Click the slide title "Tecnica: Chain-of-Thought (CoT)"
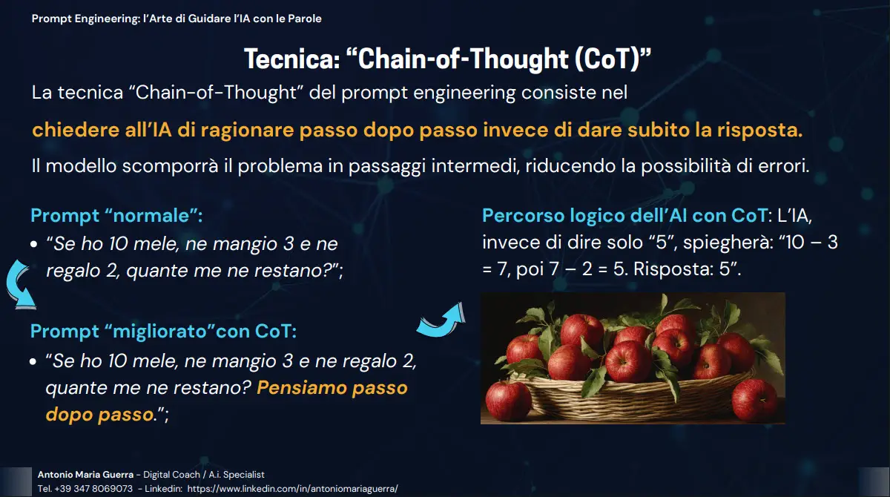[x=448, y=59]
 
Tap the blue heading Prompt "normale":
[x=116, y=216]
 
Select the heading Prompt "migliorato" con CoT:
[x=163, y=332]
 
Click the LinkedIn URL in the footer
[x=292, y=489]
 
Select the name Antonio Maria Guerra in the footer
[x=85, y=474]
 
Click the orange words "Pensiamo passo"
[x=332, y=388]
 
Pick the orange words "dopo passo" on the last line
[x=99, y=415]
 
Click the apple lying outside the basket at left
[x=508, y=401]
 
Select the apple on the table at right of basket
[x=754, y=401]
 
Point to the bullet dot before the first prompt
[x=34, y=244]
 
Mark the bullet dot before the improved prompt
[x=33, y=361]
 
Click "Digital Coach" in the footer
[x=171, y=474]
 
